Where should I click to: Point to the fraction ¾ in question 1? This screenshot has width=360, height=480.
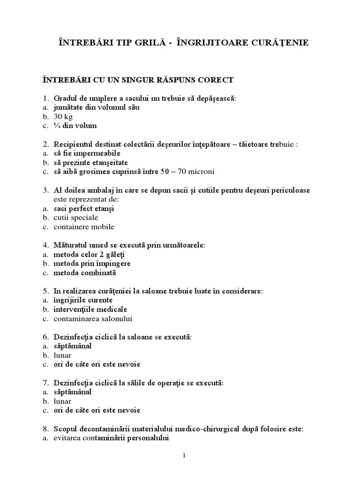pos(57,126)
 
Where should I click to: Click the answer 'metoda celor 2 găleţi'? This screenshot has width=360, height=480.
pos(89,254)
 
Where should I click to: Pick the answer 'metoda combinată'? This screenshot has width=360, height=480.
pos(84,272)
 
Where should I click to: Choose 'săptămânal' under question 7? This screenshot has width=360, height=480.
pos(72,392)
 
